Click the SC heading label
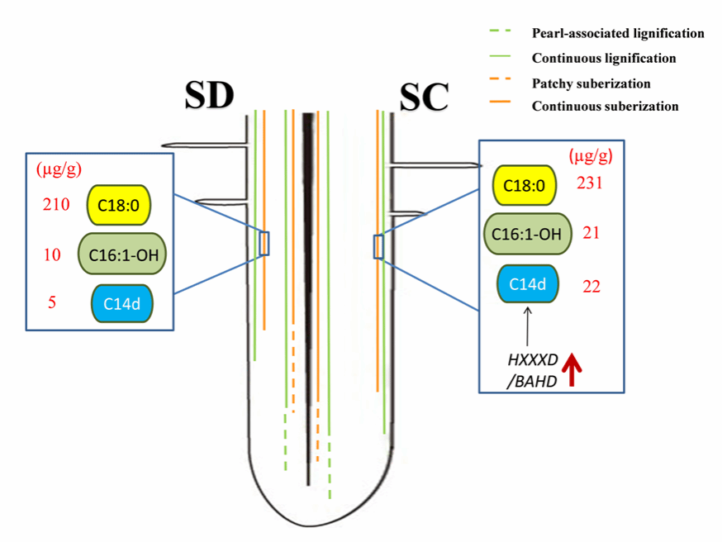(424, 97)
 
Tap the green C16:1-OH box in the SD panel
(122, 254)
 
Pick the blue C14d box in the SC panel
(527, 285)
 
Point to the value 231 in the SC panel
(589, 183)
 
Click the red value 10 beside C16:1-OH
(52, 254)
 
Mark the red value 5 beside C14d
(51, 303)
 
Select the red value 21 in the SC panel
(590, 234)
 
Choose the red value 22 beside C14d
(590, 286)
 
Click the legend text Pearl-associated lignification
(618, 34)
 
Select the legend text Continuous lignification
(604, 59)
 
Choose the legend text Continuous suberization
(605, 107)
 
